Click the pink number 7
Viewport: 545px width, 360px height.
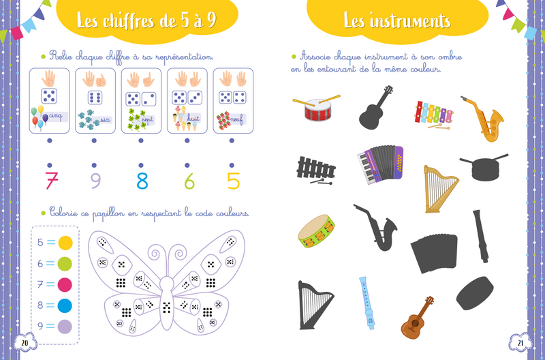[52, 181]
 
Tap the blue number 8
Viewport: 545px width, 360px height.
[142, 181]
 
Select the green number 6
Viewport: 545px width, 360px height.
[189, 181]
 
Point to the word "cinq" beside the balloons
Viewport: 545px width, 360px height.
[56, 116]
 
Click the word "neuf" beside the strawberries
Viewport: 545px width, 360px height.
[236, 119]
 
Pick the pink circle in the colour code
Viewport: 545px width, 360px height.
[65, 284]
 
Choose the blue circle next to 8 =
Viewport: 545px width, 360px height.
[65, 305]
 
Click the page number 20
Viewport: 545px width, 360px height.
[25, 342]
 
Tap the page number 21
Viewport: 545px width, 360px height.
[520, 342]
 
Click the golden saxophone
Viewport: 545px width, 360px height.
[484, 118]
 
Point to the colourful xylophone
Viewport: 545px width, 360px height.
[433, 115]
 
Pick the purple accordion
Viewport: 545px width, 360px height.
[381, 164]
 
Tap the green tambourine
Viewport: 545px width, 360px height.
[316, 231]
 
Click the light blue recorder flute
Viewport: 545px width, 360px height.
[367, 303]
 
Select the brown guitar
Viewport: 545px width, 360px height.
[416, 319]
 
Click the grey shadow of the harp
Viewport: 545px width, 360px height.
[315, 305]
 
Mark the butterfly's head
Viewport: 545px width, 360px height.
[166, 284]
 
